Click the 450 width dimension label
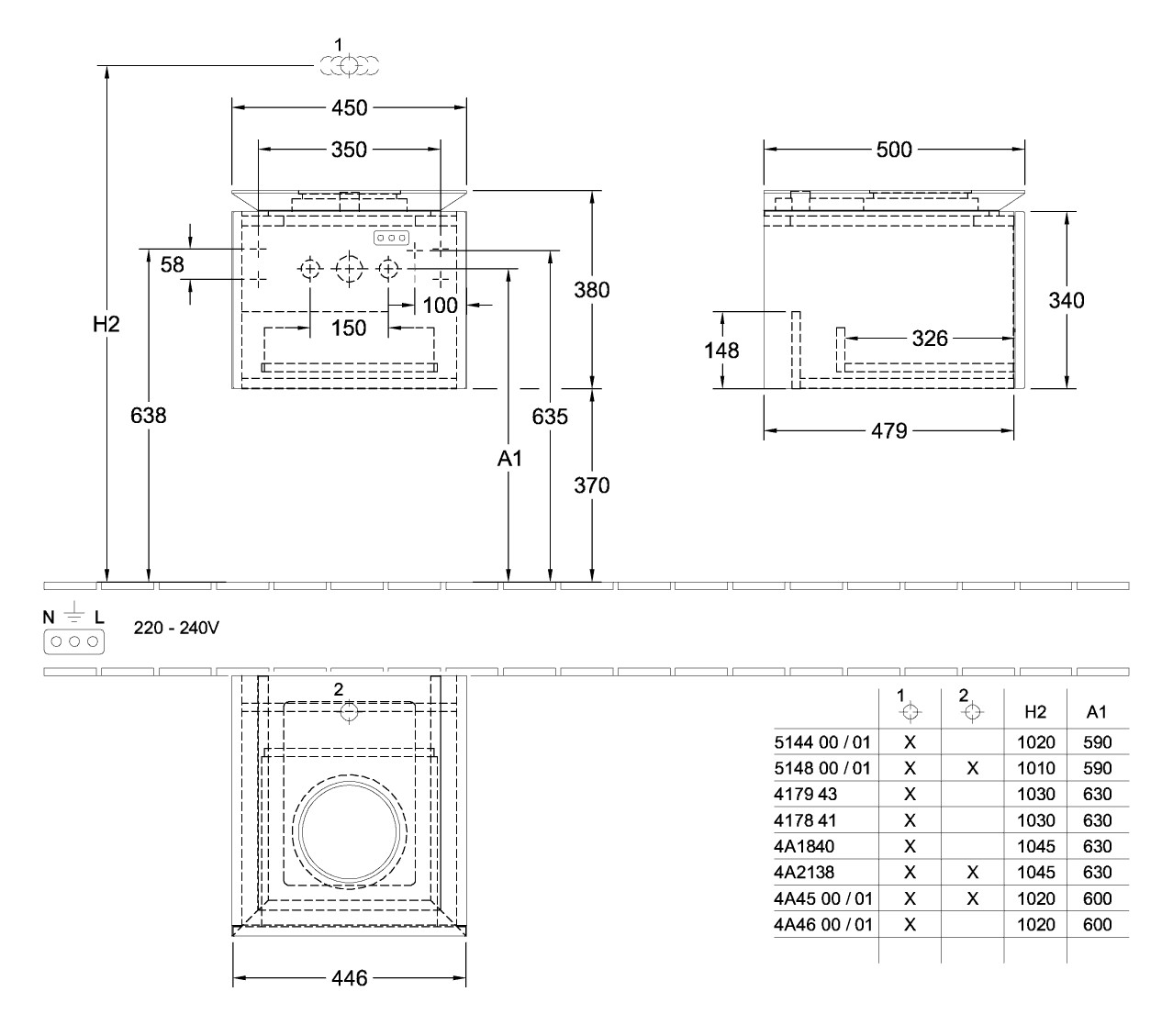coord(349,107)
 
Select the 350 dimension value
coord(349,150)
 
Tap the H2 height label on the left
coord(106,325)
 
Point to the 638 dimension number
coord(149,415)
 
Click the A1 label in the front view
coord(509,458)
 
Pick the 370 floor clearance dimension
coord(592,485)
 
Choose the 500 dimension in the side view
coord(894,150)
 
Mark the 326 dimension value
coord(930,339)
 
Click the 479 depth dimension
coord(889,430)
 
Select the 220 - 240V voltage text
coord(176,628)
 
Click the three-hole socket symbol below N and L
coord(74,641)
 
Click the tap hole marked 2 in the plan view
coord(349,713)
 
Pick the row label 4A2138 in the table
coord(804,872)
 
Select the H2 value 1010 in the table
coord(1036,768)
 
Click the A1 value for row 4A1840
coord(1098,846)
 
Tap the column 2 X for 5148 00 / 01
coord(972,768)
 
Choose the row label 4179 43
coord(805,794)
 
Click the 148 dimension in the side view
coord(721,351)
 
